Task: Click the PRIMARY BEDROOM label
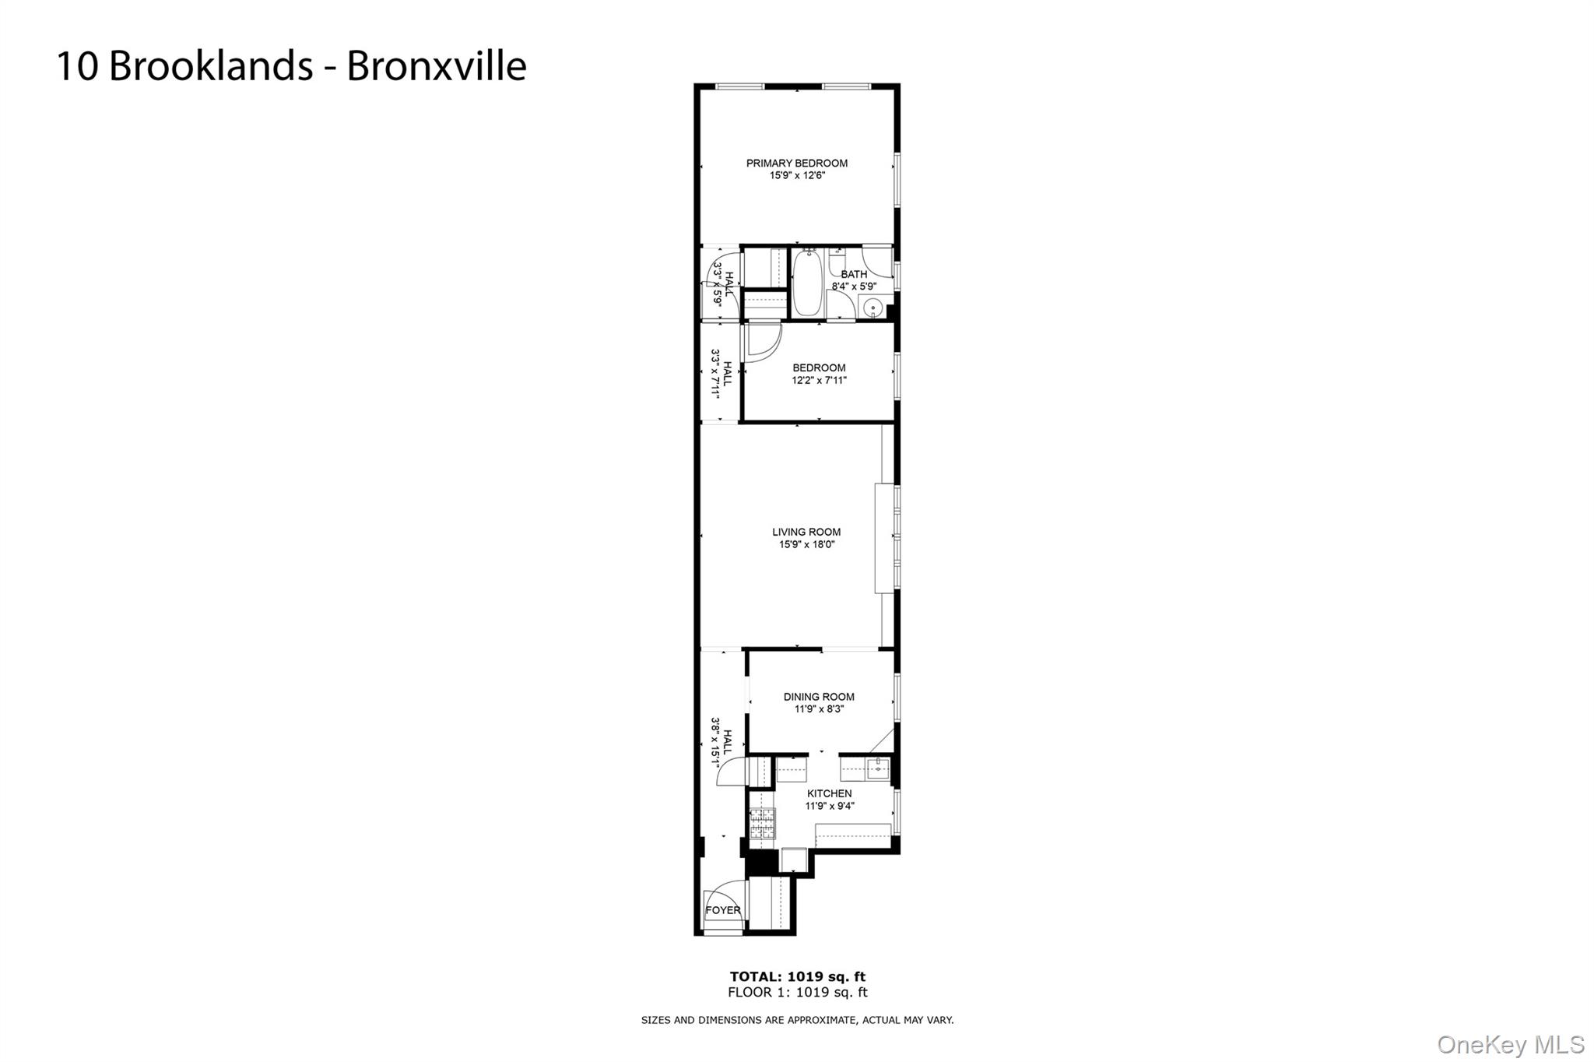pyautogui.click(x=796, y=164)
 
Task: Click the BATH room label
pyautogui.click(x=854, y=275)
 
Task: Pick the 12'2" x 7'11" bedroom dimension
pyautogui.click(x=819, y=381)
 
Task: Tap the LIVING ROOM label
pyautogui.click(x=806, y=533)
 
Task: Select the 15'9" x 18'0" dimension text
pyautogui.click(x=806, y=545)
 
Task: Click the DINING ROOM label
pyautogui.click(x=819, y=698)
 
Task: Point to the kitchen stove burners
pyautogui.click(x=762, y=824)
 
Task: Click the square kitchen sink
pyautogui.click(x=877, y=768)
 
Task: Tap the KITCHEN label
pyautogui.click(x=829, y=794)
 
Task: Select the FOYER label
pyautogui.click(x=723, y=910)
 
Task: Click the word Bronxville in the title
pyautogui.click(x=437, y=66)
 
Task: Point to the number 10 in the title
pyautogui.click(x=77, y=66)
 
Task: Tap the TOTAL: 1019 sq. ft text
pyautogui.click(x=797, y=976)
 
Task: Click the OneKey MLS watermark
pyautogui.click(x=1510, y=1044)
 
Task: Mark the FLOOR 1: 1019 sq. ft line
pyautogui.click(x=797, y=993)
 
